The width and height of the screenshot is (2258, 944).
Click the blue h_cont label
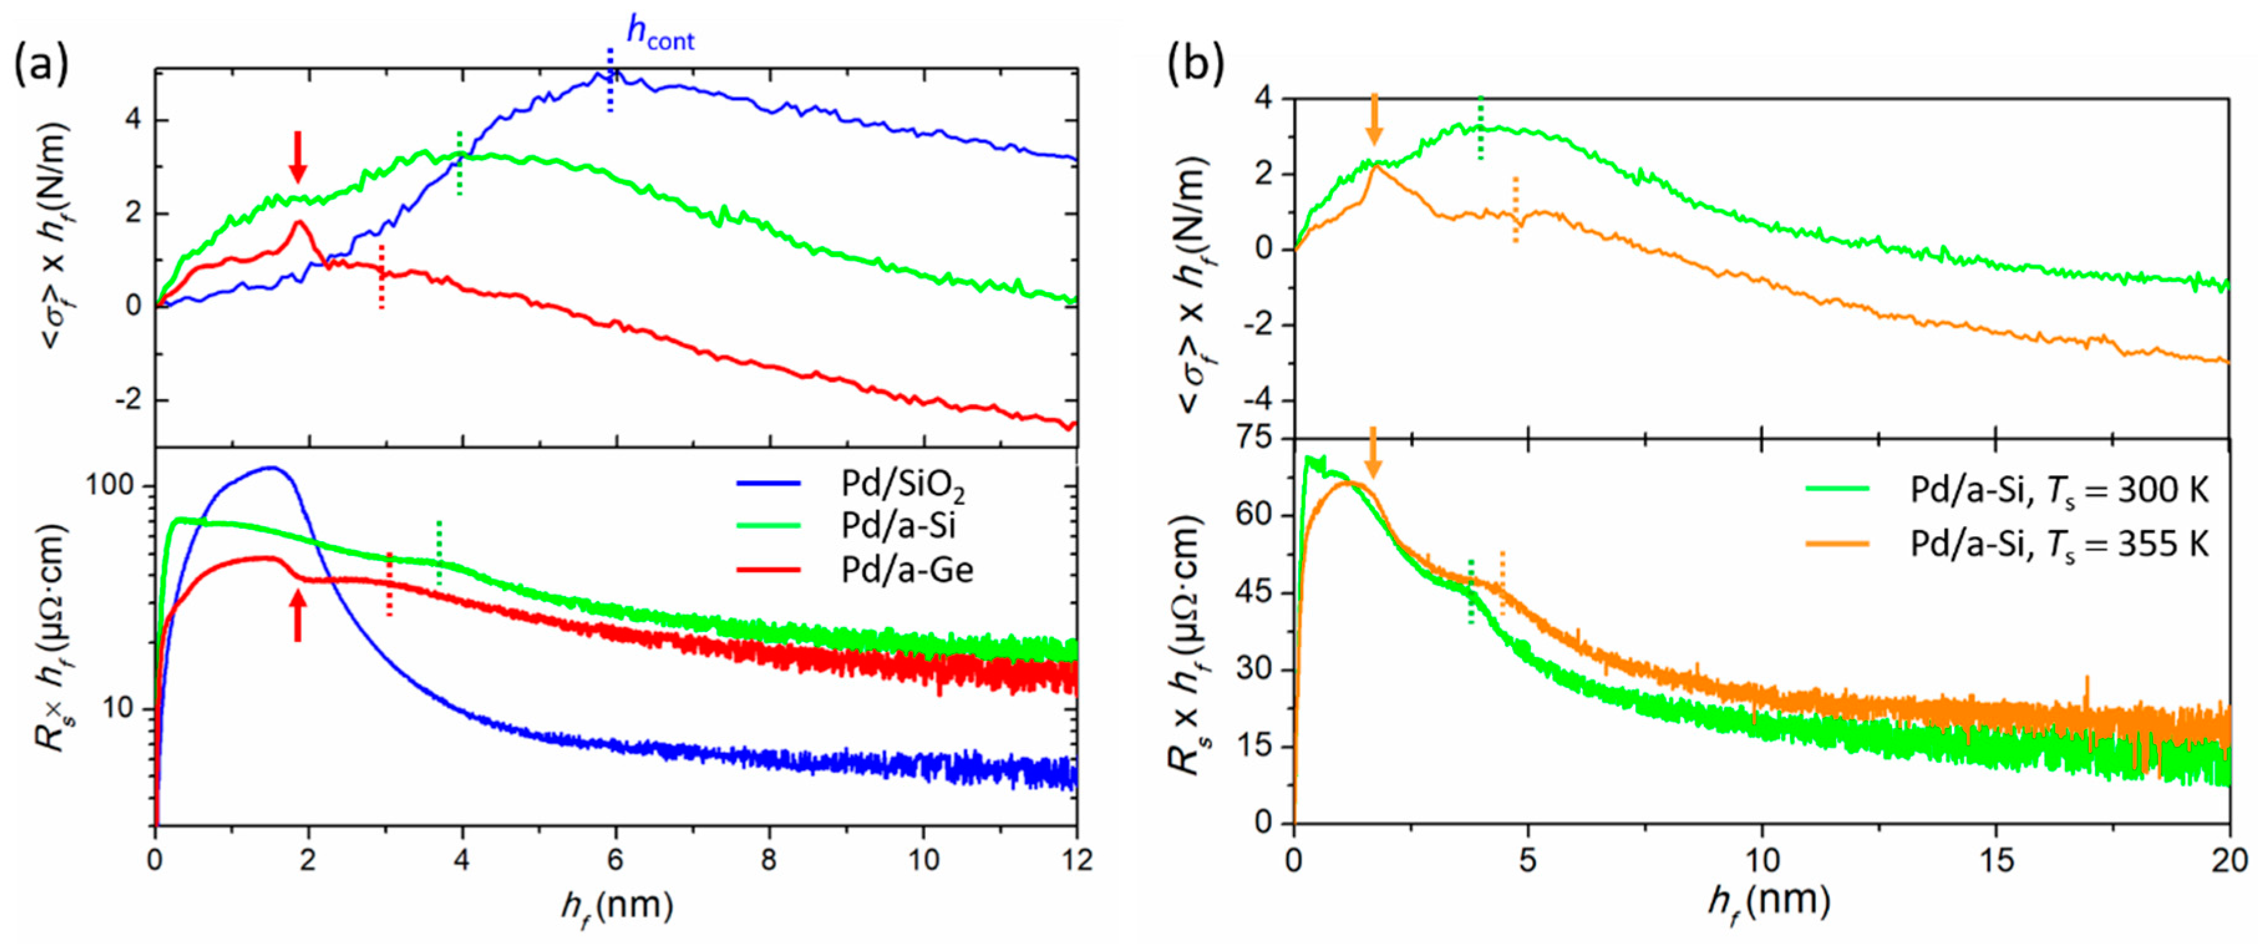point(659,32)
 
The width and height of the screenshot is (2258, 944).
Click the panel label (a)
point(41,67)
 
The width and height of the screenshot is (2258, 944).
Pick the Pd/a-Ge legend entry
point(905,570)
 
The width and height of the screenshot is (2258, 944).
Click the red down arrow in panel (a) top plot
point(298,157)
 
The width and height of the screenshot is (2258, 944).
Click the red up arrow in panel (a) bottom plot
point(298,615)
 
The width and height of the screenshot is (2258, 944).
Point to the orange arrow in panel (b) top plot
point(1373,119)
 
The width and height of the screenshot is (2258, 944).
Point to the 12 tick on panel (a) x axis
point(1076,860)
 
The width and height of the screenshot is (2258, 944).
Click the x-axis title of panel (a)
point(617,905)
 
